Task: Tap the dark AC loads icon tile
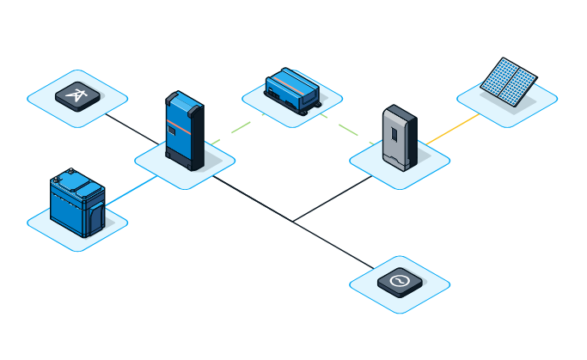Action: tap(400, 282)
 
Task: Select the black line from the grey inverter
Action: tap(335, 198)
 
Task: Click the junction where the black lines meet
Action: tap(292, 222)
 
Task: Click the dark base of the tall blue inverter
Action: tap(182, 160)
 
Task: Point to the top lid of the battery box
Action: tap(76, 183)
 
